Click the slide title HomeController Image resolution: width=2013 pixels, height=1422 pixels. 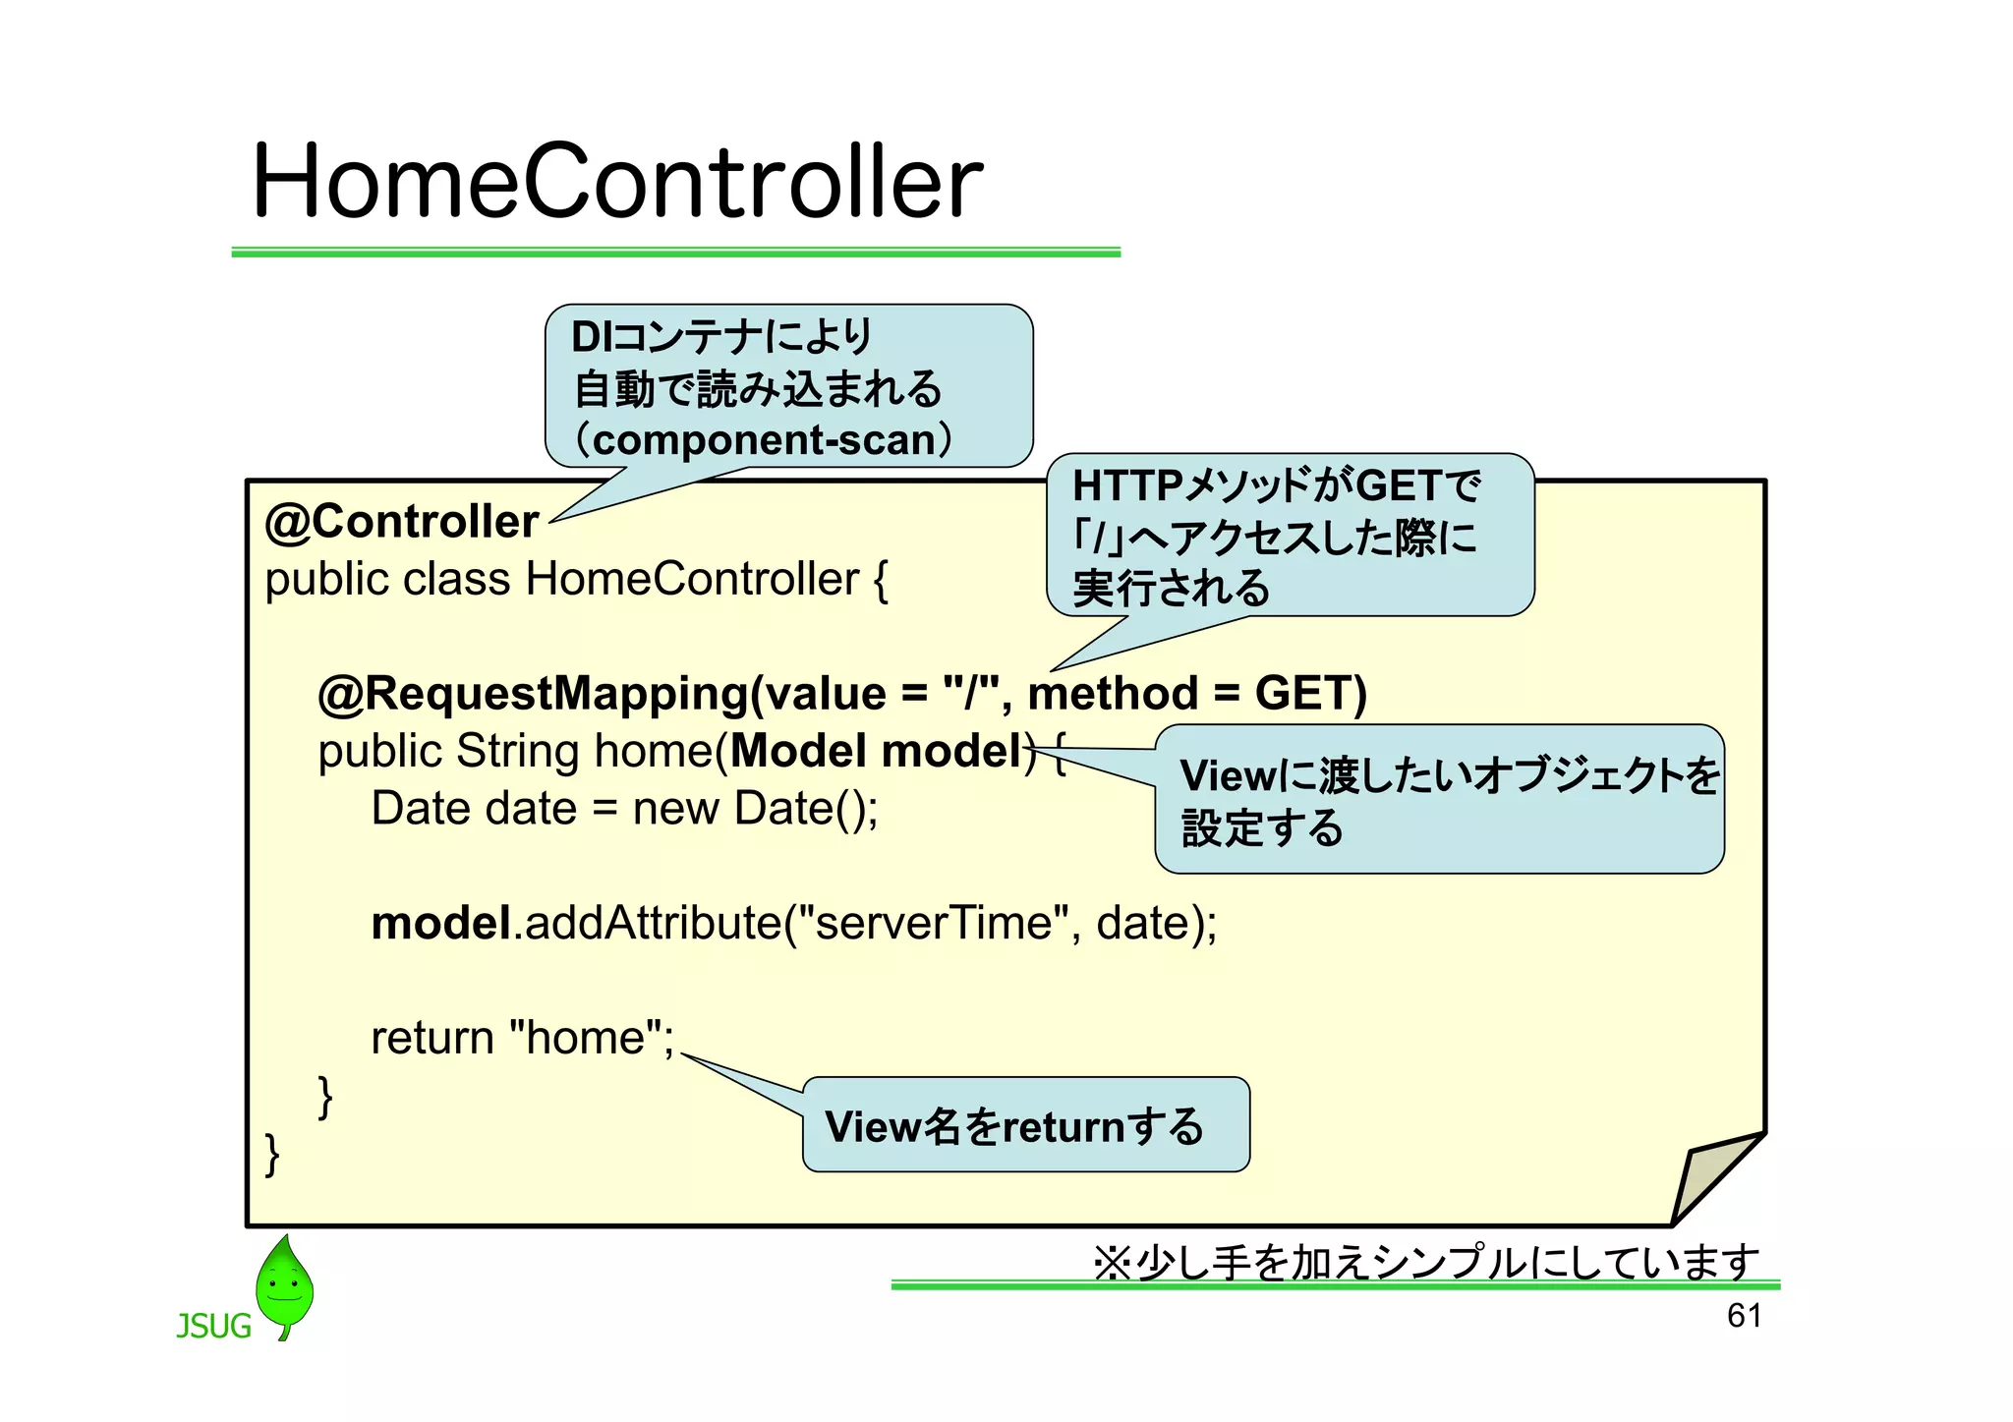617,182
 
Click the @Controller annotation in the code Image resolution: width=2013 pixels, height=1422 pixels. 402,522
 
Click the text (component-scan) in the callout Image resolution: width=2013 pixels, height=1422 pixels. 764,440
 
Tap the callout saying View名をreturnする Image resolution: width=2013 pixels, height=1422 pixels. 1014,1127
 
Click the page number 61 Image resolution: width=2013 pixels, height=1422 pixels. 1744,1316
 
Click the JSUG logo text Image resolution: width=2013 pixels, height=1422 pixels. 213,1327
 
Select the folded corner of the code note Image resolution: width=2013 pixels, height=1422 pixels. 1710,1174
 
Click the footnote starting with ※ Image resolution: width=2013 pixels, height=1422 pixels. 1425,1262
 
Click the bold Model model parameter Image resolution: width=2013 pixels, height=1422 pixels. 877,752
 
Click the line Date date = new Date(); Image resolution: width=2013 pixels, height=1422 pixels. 624,809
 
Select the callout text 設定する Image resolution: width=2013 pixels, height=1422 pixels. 1262,828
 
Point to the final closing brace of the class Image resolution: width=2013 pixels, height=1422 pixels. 272,1154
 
